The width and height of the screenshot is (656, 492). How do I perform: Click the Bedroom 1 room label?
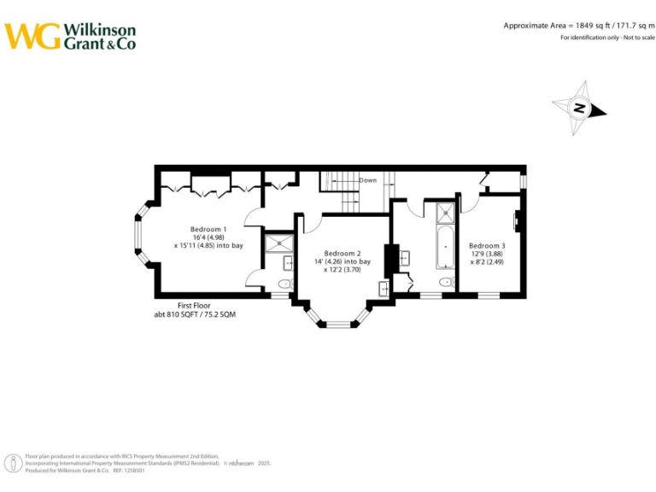[x=208, y=229]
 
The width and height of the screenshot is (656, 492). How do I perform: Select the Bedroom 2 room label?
[x=343, y=253]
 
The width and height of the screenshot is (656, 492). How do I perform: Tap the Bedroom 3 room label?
[x=487, y=246]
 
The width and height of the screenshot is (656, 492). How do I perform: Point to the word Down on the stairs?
[x=367, y=180]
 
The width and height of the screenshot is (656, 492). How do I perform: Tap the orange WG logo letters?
[x=32, y=36]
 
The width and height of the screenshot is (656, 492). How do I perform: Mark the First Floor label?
[x=194, y=305]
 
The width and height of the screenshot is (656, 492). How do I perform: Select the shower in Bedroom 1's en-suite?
[x=278, y=244]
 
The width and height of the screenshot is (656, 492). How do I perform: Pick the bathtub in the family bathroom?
[x=446, y=247]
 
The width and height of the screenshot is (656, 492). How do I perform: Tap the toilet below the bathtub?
[x=445, y=283]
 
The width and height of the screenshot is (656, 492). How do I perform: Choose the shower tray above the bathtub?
[x=446, y=212]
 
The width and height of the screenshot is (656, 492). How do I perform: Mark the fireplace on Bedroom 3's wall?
[x=517, y=221]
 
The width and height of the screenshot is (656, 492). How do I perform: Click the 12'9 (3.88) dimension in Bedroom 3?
[x=487, y=254]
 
